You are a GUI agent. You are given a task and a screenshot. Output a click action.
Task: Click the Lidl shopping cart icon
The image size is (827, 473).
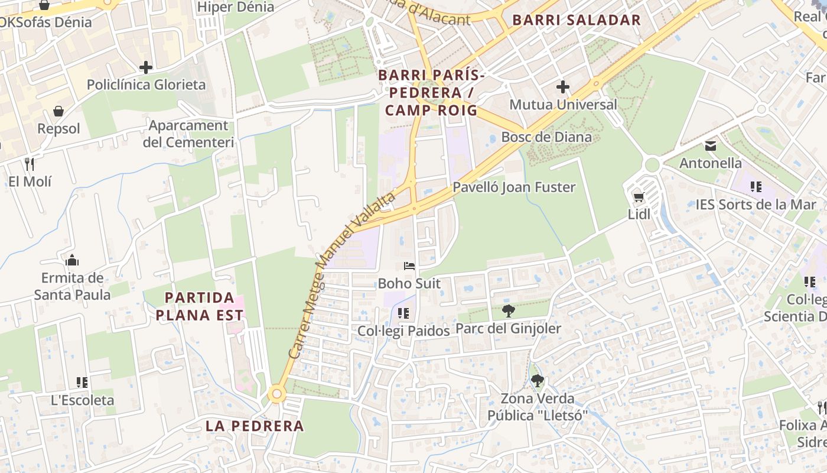point(639,197)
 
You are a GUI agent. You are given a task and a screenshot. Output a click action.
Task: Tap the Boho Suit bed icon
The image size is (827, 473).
point(409,266)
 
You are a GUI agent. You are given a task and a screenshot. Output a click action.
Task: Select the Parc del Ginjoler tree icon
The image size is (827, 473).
point(508,311)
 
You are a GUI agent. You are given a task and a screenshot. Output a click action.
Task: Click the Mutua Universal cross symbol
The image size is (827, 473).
point(563,88)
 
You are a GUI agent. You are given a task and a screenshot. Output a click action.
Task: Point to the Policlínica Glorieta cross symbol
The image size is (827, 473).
point(146,67)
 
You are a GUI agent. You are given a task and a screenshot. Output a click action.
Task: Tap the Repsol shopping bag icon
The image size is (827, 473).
point(58,111)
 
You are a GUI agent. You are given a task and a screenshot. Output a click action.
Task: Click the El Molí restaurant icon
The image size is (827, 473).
point(30,164)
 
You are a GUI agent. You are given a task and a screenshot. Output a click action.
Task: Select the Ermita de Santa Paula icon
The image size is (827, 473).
point(72,260)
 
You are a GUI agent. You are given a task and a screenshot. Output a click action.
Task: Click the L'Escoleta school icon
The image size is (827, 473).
point(82,383)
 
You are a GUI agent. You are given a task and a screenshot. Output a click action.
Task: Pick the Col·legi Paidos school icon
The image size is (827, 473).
point(403,313)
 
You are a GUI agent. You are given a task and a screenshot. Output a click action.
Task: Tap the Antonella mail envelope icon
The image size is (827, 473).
point(710,145)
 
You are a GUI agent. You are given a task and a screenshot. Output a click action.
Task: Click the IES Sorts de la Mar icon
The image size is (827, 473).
point(756,187)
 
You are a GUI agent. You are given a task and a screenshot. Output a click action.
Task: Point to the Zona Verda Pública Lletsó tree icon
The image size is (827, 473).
point(537,381)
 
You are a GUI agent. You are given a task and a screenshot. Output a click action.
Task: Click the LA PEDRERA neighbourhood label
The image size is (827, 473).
point(255,426)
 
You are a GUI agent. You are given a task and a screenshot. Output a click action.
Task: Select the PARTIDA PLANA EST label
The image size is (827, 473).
point(200,306)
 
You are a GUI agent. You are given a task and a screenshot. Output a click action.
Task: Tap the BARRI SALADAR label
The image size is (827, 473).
point(576,20)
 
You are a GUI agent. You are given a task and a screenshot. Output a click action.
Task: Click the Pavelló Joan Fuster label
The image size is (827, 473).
point(514,187)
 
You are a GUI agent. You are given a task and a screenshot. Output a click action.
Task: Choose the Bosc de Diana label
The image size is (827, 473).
point(546,137)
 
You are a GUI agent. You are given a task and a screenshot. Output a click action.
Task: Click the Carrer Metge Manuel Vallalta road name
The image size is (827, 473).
point(342,275)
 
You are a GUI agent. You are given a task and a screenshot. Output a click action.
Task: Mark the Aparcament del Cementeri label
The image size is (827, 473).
point(188,134)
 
